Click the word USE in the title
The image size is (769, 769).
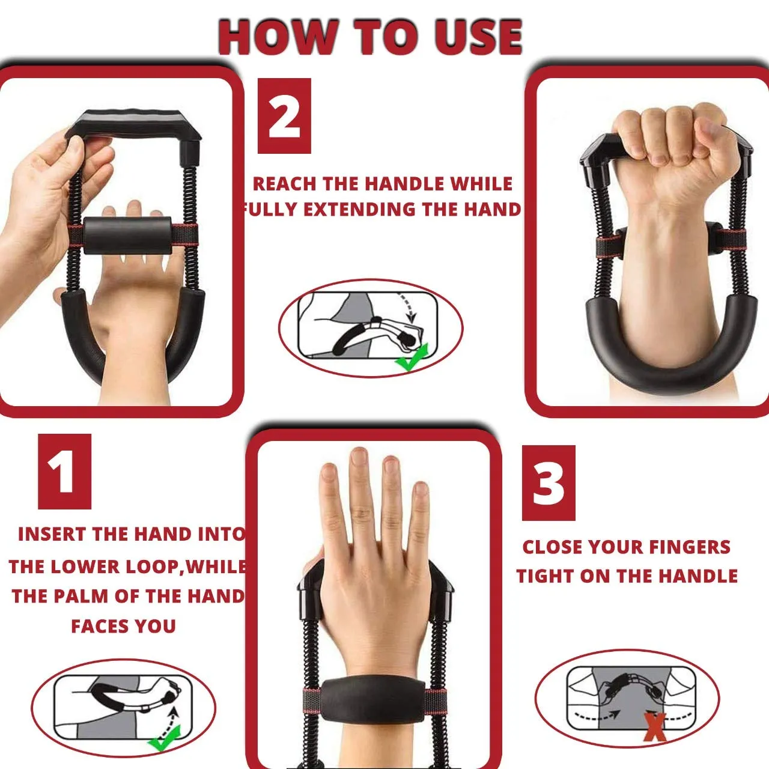click(478, 37)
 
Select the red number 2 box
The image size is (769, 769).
click(284, 116)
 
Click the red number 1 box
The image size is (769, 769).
click(65, 471)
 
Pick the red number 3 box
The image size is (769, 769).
click(549, 483)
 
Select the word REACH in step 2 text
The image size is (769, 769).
click(285, 184)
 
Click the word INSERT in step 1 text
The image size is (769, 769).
click(49, 534)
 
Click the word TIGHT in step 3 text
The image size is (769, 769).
click(544, 576)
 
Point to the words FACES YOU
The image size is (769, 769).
click(123, 626)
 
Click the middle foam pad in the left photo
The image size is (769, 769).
click(128, 236)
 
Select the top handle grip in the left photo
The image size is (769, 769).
click(135, 124)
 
